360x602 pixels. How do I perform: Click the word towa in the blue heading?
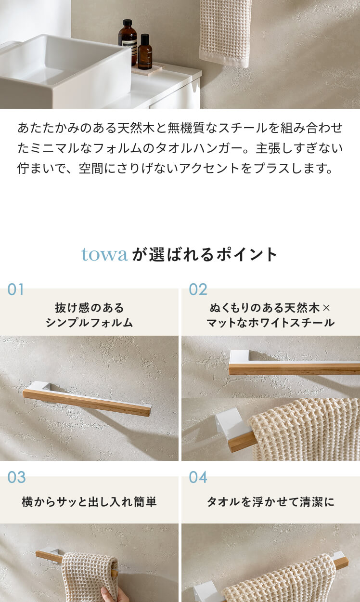(104, 254)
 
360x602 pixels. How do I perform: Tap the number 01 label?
(15, 290)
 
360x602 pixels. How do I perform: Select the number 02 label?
(198, 290)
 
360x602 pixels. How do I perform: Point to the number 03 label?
(16, 477)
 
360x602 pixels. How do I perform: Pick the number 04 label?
(198, 477)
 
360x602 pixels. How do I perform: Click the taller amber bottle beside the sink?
(128, 42)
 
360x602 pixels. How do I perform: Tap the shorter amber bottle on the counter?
(145, 52)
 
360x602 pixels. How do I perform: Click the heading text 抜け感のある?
(89, 308)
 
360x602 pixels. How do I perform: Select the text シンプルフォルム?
(89, 323)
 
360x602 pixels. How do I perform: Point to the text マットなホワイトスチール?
(270, 323)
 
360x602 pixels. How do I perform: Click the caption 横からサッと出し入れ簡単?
(89, 502)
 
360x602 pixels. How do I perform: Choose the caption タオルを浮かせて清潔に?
(270, 502)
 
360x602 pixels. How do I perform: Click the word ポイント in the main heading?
(246, 254)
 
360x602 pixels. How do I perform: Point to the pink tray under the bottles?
(147, 68)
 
